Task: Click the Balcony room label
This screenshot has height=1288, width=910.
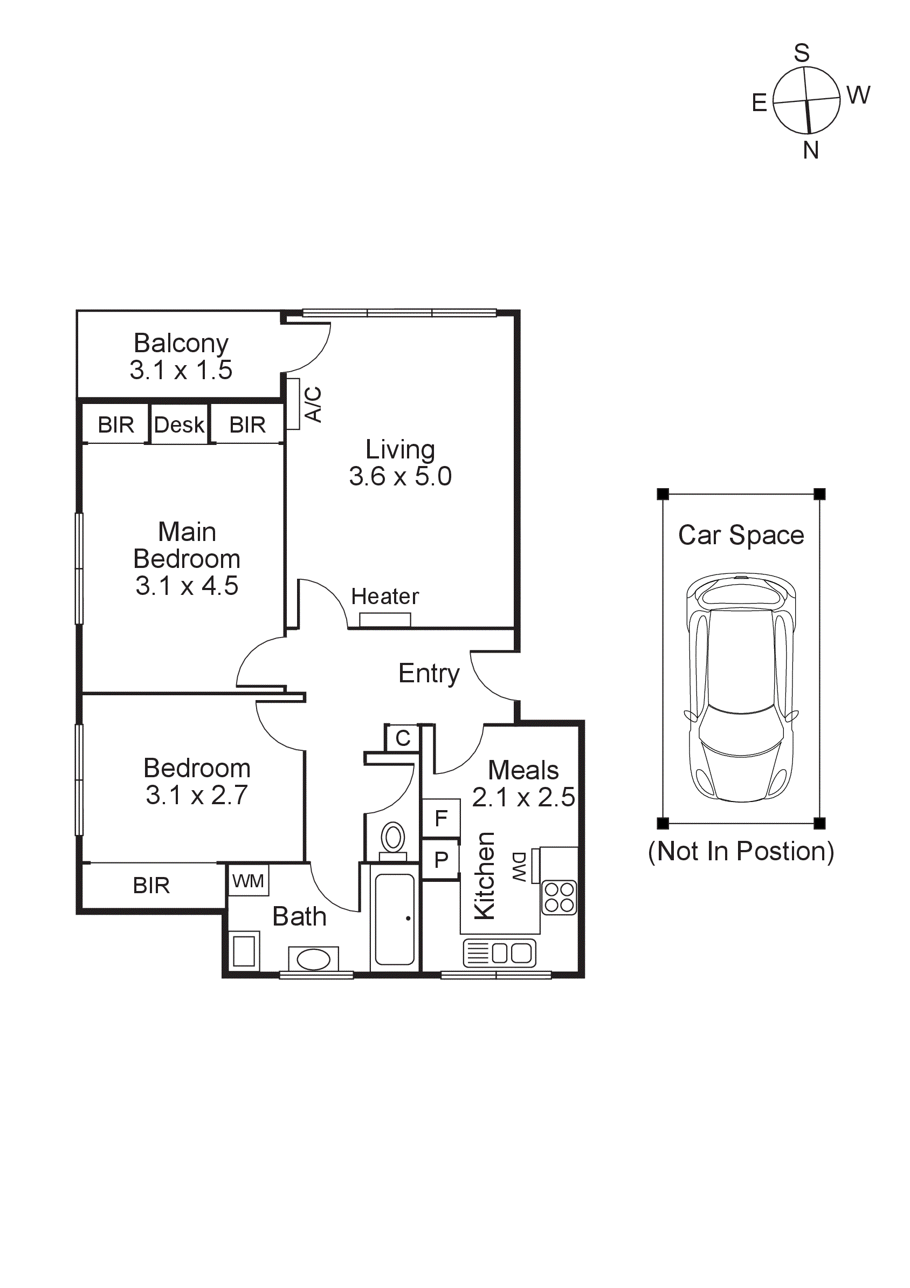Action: click(181, 344)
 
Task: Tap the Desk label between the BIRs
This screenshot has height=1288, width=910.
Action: click(179, 424)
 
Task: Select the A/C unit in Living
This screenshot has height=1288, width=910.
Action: click(293, 404)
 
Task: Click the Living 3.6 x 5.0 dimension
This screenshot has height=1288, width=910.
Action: click(400, 476)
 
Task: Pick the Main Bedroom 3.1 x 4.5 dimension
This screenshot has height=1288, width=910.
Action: click(187, 586)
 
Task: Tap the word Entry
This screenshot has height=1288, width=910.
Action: click(429, 673)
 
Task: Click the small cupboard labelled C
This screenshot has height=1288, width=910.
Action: click(403, 738)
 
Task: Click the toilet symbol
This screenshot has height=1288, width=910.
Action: click(393, 840)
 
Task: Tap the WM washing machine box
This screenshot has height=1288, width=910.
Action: click(248, 881)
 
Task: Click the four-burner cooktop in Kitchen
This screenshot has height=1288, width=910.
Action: click(559, 898)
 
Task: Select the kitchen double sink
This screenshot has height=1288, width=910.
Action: click(500, 953)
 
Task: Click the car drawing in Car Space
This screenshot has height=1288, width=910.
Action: click(741, 687)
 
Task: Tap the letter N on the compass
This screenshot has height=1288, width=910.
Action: click(811, 150)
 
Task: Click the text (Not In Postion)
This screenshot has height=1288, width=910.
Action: click(741, 852)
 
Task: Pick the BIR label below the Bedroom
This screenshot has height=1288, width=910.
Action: click(151, 886)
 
